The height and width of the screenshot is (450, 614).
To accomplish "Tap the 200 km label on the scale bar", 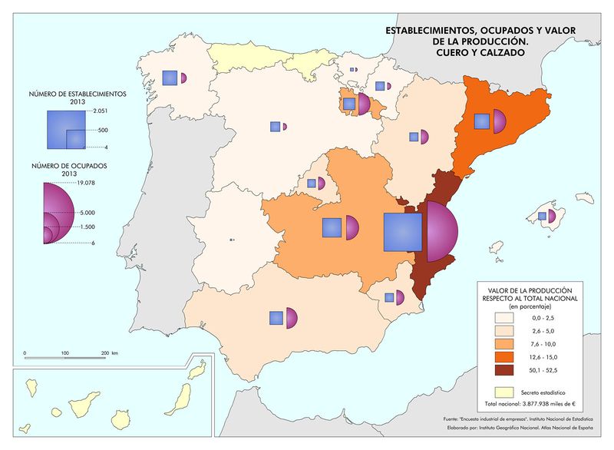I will (107, 353).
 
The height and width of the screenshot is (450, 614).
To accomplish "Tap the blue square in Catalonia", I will (482, 121).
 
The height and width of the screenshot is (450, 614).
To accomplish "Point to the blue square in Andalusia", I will (276, 317).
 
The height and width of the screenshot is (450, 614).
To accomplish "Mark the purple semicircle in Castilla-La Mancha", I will (352, 227).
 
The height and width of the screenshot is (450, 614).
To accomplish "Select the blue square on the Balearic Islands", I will (542, 217).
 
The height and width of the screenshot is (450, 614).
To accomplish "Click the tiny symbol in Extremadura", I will (232, 240).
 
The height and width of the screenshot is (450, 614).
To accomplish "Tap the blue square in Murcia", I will (389, 297).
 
